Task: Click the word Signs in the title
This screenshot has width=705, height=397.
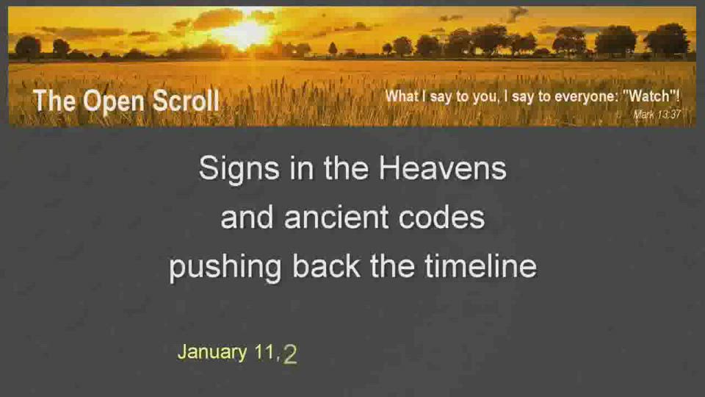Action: pyautogui.click(x=239, y=170)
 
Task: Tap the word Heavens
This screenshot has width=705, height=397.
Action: pyautogui.click(x=442, y=168)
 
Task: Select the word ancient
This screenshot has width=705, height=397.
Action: pyautogui.click(x=336, y=217)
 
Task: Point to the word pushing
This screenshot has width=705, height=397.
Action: pyautogui.click(x=225, y=268)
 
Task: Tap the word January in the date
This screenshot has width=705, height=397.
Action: pyautogui.click(x=212, y=352)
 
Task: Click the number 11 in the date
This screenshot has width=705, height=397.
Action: pyautogui.click(x=265, y=352)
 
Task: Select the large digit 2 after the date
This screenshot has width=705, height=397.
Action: pyautogui.click(x=290, y=354)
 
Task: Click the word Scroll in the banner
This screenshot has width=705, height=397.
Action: pyautogui.click(x=186, y=100)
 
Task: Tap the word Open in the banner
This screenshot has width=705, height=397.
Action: pyautogui.click(x=114, y=102)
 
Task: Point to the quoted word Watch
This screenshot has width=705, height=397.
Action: pyautogui.click(x=651, y=96)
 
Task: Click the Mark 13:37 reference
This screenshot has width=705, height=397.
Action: pyautogui.click(x=657, y=115)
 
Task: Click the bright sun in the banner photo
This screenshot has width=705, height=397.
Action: pyautogui.click(x=244, y=32)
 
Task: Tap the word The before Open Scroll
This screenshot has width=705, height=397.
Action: pyautogui.click(x=54, y=100)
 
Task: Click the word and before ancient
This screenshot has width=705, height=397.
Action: pyautogui.click(x=247, y=217)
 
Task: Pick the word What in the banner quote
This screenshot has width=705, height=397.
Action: pyautogui.click(x=402, y=96)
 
